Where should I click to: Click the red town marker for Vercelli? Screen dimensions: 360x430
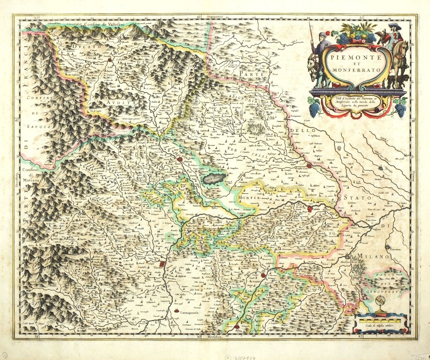click(x=310, y=166)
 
